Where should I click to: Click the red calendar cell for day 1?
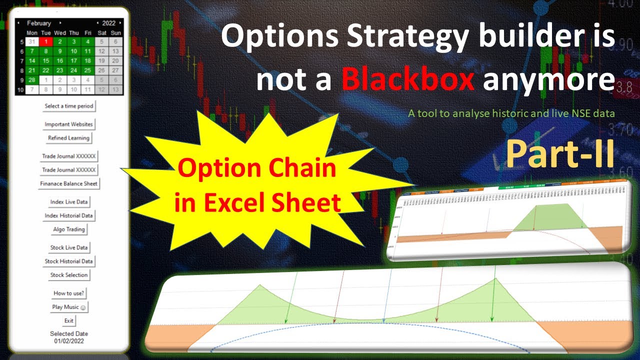click(x=45, y=41)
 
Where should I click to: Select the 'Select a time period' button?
click(x=69, y=106)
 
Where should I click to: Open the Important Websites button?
click(x=69, y=124)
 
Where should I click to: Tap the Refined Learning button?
click(x=69, y=138)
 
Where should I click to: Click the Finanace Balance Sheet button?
click(x=69, y=183)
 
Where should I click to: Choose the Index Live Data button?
click(x=69, y=202)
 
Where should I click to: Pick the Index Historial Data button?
click(x=69, y=216)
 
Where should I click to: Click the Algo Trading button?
click(x=69, y=229)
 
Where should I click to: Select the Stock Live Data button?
click(x=69, y=247)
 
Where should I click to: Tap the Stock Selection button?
click(x=69, y=275)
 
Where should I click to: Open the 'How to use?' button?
click(x=69, y=293)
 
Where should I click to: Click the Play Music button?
click(x=69, y=307)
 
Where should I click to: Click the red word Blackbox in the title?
click(x=408, y=80)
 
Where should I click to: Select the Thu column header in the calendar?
click(x=73, y=33)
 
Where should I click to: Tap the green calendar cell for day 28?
click(x=31, y=80)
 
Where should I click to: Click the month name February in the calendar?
click(x=39, y=23)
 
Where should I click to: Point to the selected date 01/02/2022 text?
click(x=69, y=341)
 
